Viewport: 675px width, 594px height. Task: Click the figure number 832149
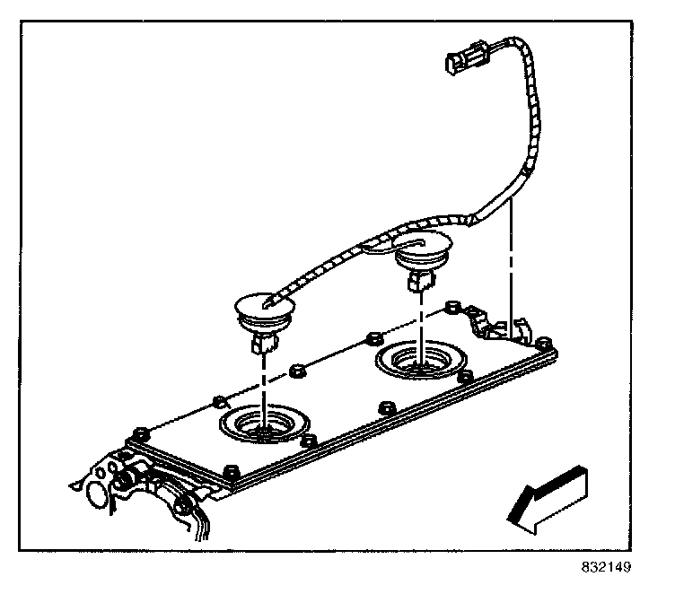pos(606,567)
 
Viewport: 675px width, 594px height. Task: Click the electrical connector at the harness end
pos(465,62)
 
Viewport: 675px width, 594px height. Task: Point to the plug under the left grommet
pos(262,342)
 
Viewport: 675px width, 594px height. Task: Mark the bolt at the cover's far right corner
pos(541,343)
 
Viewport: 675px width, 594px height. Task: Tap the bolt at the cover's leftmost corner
pos(138,432)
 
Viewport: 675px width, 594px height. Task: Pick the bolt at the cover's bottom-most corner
pos(230,469)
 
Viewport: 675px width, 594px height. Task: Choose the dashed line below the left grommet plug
pos(263,381)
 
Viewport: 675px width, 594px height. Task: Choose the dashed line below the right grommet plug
pos(419,319)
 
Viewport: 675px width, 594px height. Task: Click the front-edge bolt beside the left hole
pos(310,440)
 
